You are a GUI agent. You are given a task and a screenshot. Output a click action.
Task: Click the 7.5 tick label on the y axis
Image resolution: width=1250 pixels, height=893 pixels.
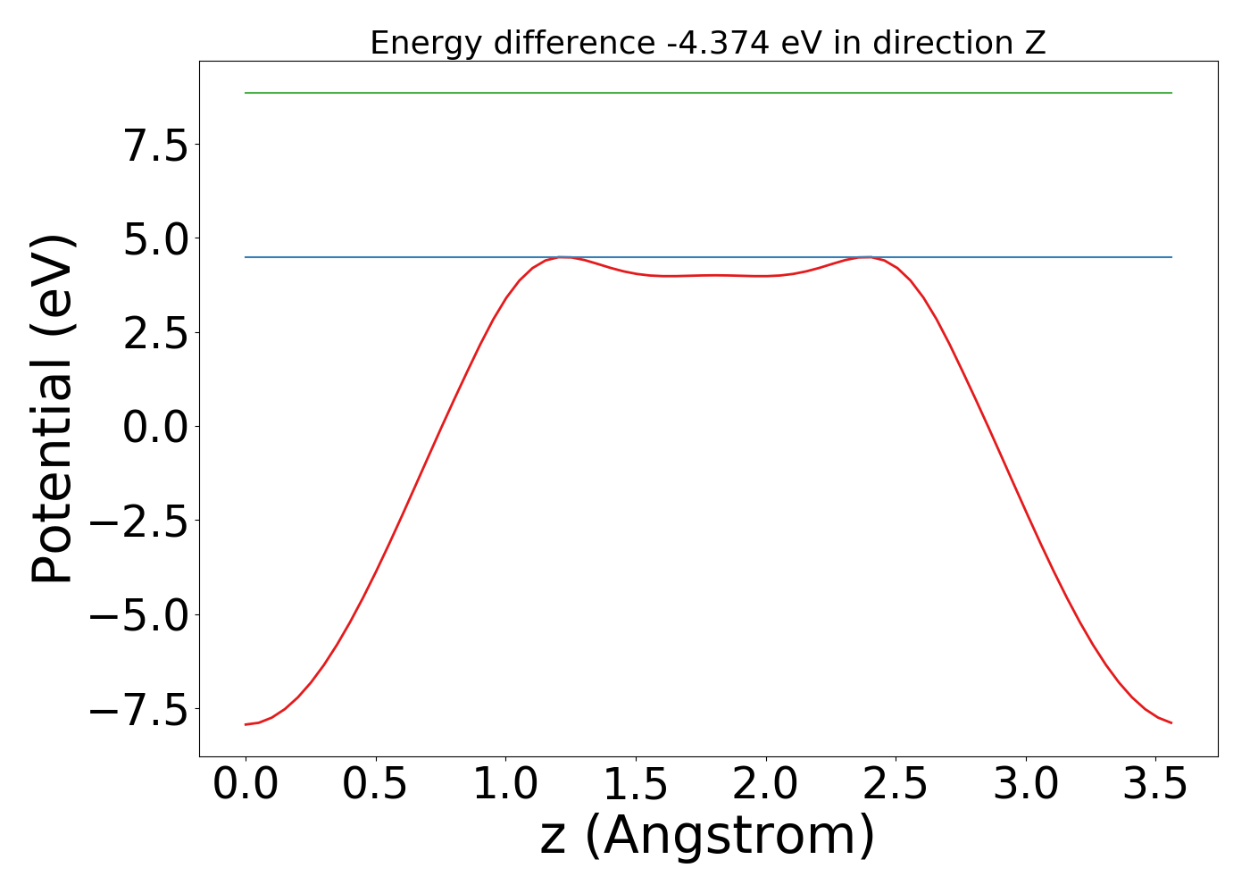[x=156, y=146]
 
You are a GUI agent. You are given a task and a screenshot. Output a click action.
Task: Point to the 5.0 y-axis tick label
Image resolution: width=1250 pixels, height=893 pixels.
[x=156, y=240]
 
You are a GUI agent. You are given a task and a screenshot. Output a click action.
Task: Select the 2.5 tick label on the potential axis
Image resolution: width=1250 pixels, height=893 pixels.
[x=156, y=334]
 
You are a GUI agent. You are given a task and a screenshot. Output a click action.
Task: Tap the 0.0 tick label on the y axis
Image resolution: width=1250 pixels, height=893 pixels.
[x=156, y=428]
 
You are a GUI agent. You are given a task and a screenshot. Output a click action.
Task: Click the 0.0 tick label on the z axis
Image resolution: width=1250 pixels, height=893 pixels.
[x=246, y=784]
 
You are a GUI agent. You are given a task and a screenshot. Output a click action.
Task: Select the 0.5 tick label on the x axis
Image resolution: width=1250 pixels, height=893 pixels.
[x=375, y=784]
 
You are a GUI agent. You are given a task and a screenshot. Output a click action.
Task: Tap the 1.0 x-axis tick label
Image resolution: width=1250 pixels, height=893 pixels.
[x=505, y=784]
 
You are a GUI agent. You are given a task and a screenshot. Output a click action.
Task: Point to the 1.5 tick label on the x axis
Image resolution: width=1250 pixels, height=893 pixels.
[x=636, y=784]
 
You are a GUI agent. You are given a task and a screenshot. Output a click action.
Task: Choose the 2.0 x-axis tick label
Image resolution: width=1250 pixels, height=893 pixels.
[x=765, y=784]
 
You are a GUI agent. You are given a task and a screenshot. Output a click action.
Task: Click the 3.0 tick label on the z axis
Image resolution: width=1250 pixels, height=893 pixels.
[x=1026, y=784]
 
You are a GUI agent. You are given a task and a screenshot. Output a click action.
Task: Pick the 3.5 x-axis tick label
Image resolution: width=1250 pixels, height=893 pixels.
[x=1155, y=784]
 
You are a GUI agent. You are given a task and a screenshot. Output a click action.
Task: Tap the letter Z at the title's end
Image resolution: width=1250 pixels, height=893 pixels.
[x=1035, y=43]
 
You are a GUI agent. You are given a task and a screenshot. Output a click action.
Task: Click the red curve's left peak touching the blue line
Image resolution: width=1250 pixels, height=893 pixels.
[x=562, y=257]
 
